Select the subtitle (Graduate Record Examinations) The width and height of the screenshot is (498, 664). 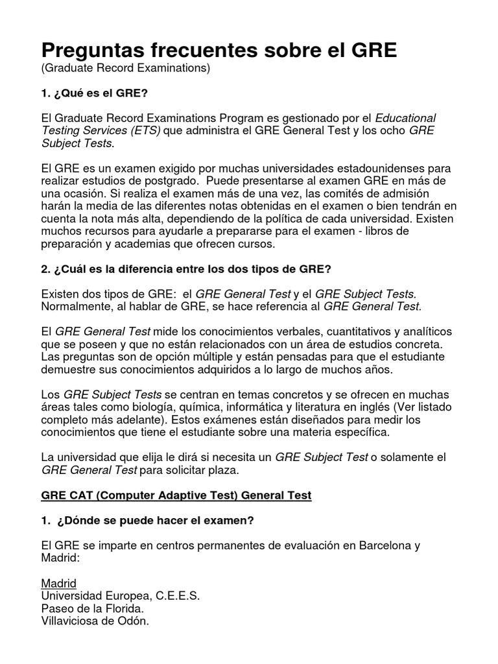pyautogui.click(x=126, y=68)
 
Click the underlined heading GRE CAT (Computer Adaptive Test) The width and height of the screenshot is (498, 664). pyautogui.click(x=176, y=495)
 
